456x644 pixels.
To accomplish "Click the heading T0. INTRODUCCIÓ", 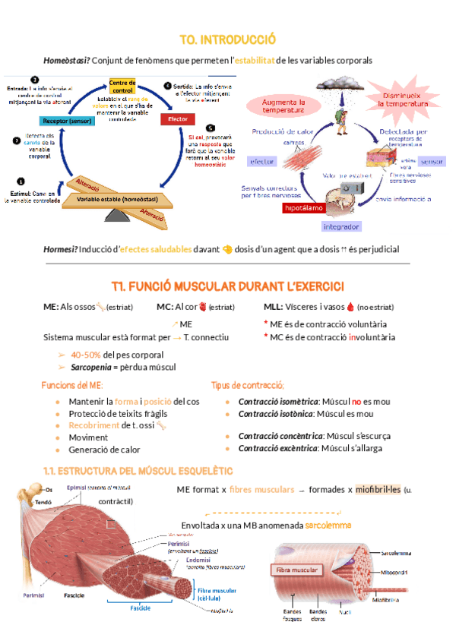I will [x=227, y=39].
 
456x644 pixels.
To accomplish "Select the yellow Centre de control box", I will [x=122, y=87].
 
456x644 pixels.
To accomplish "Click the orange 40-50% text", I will [x=85, y=355].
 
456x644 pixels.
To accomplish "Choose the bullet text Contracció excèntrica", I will [x=277, y=450].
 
